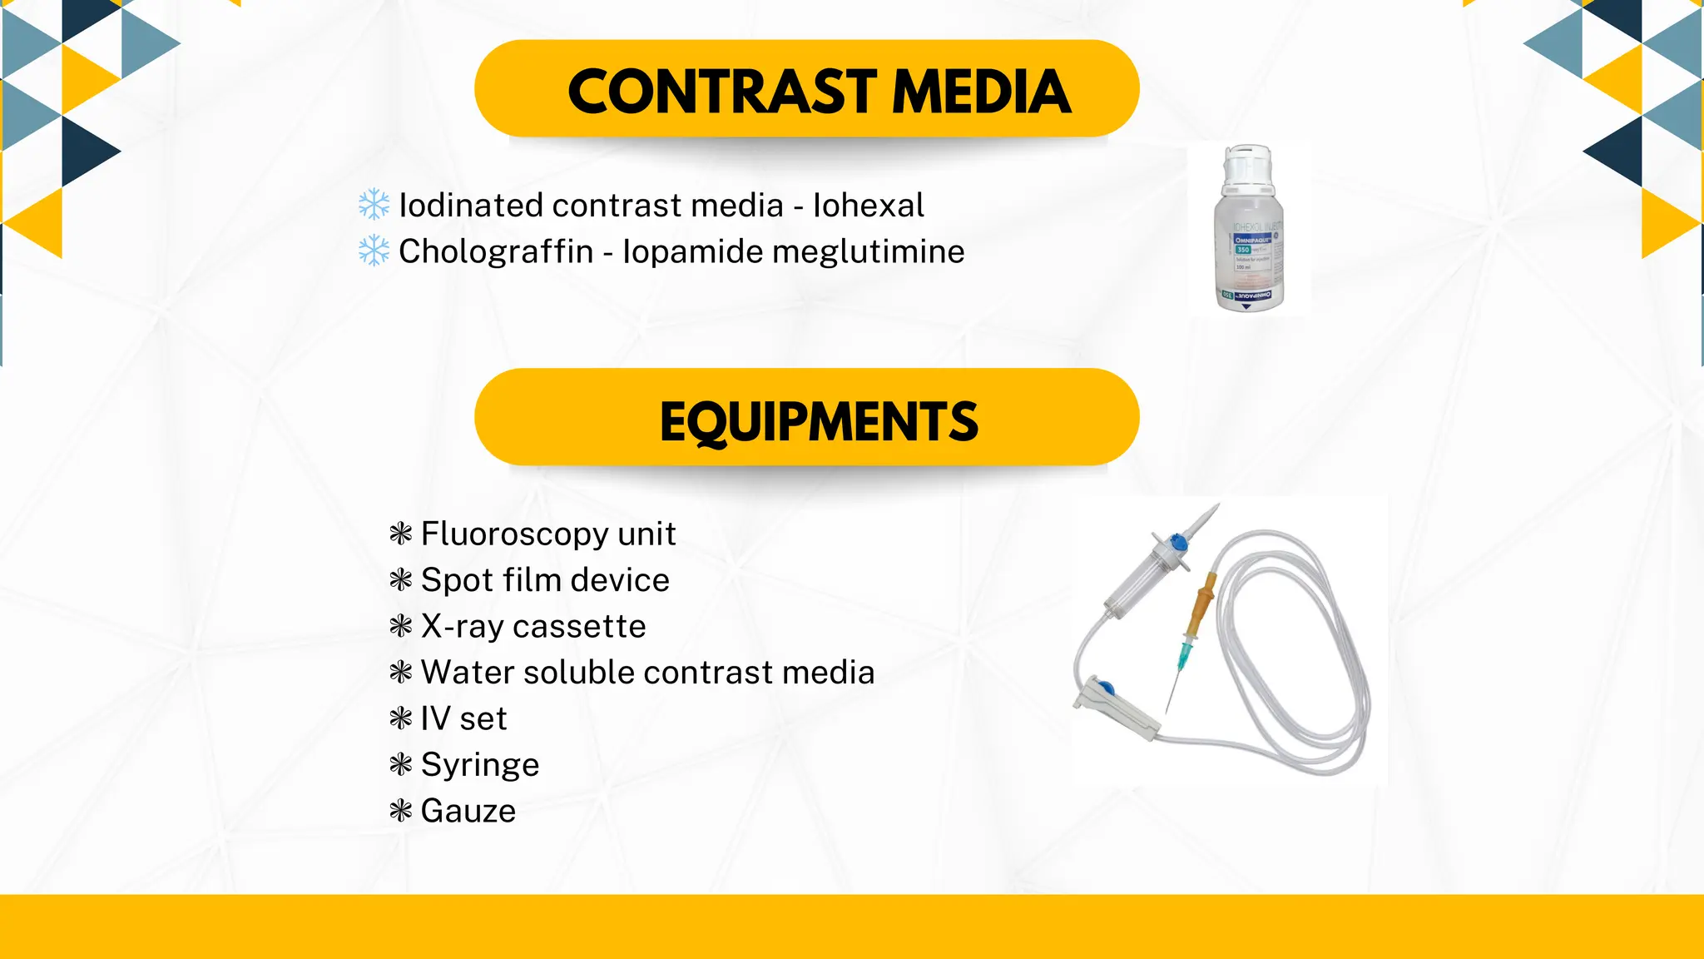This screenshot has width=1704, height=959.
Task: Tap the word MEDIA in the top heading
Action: pyautogui.click(x=981, y=92)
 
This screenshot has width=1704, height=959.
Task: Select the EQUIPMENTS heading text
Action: pyautogui.click(x=819, y=422)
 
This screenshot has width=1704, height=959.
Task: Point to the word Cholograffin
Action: pyautogui.click(x=496, y=251)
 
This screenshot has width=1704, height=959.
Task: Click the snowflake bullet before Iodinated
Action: pyautogui.click(x=374, y=205)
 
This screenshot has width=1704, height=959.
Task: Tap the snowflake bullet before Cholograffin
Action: pyautogui.click(x=374, y=251)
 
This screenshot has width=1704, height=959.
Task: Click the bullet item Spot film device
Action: pyautogui.click(x=545, y=580)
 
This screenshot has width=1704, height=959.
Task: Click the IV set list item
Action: pyautogui.click(x=463, y=718)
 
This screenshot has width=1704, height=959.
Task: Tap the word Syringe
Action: pyautogui.click(x=480, y=765)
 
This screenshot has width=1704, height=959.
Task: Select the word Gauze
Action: pyautogui.click(x=468, y=811)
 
